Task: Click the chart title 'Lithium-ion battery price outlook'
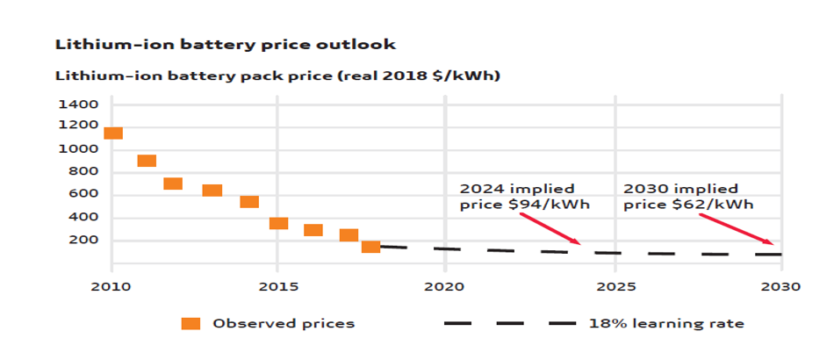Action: (x=226, y=43)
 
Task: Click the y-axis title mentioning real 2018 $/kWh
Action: (x=277, y=76)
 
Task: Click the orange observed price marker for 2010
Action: (x=112, y=133)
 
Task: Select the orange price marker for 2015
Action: (x=278, y=223)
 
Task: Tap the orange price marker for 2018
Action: (x=370, y=247)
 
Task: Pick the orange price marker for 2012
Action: (x=173, y=184)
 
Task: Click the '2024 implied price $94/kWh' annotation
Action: (x=524, y=197)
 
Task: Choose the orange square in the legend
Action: (x=191, y=323)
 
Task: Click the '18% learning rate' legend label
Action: (x=666, y=323)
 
